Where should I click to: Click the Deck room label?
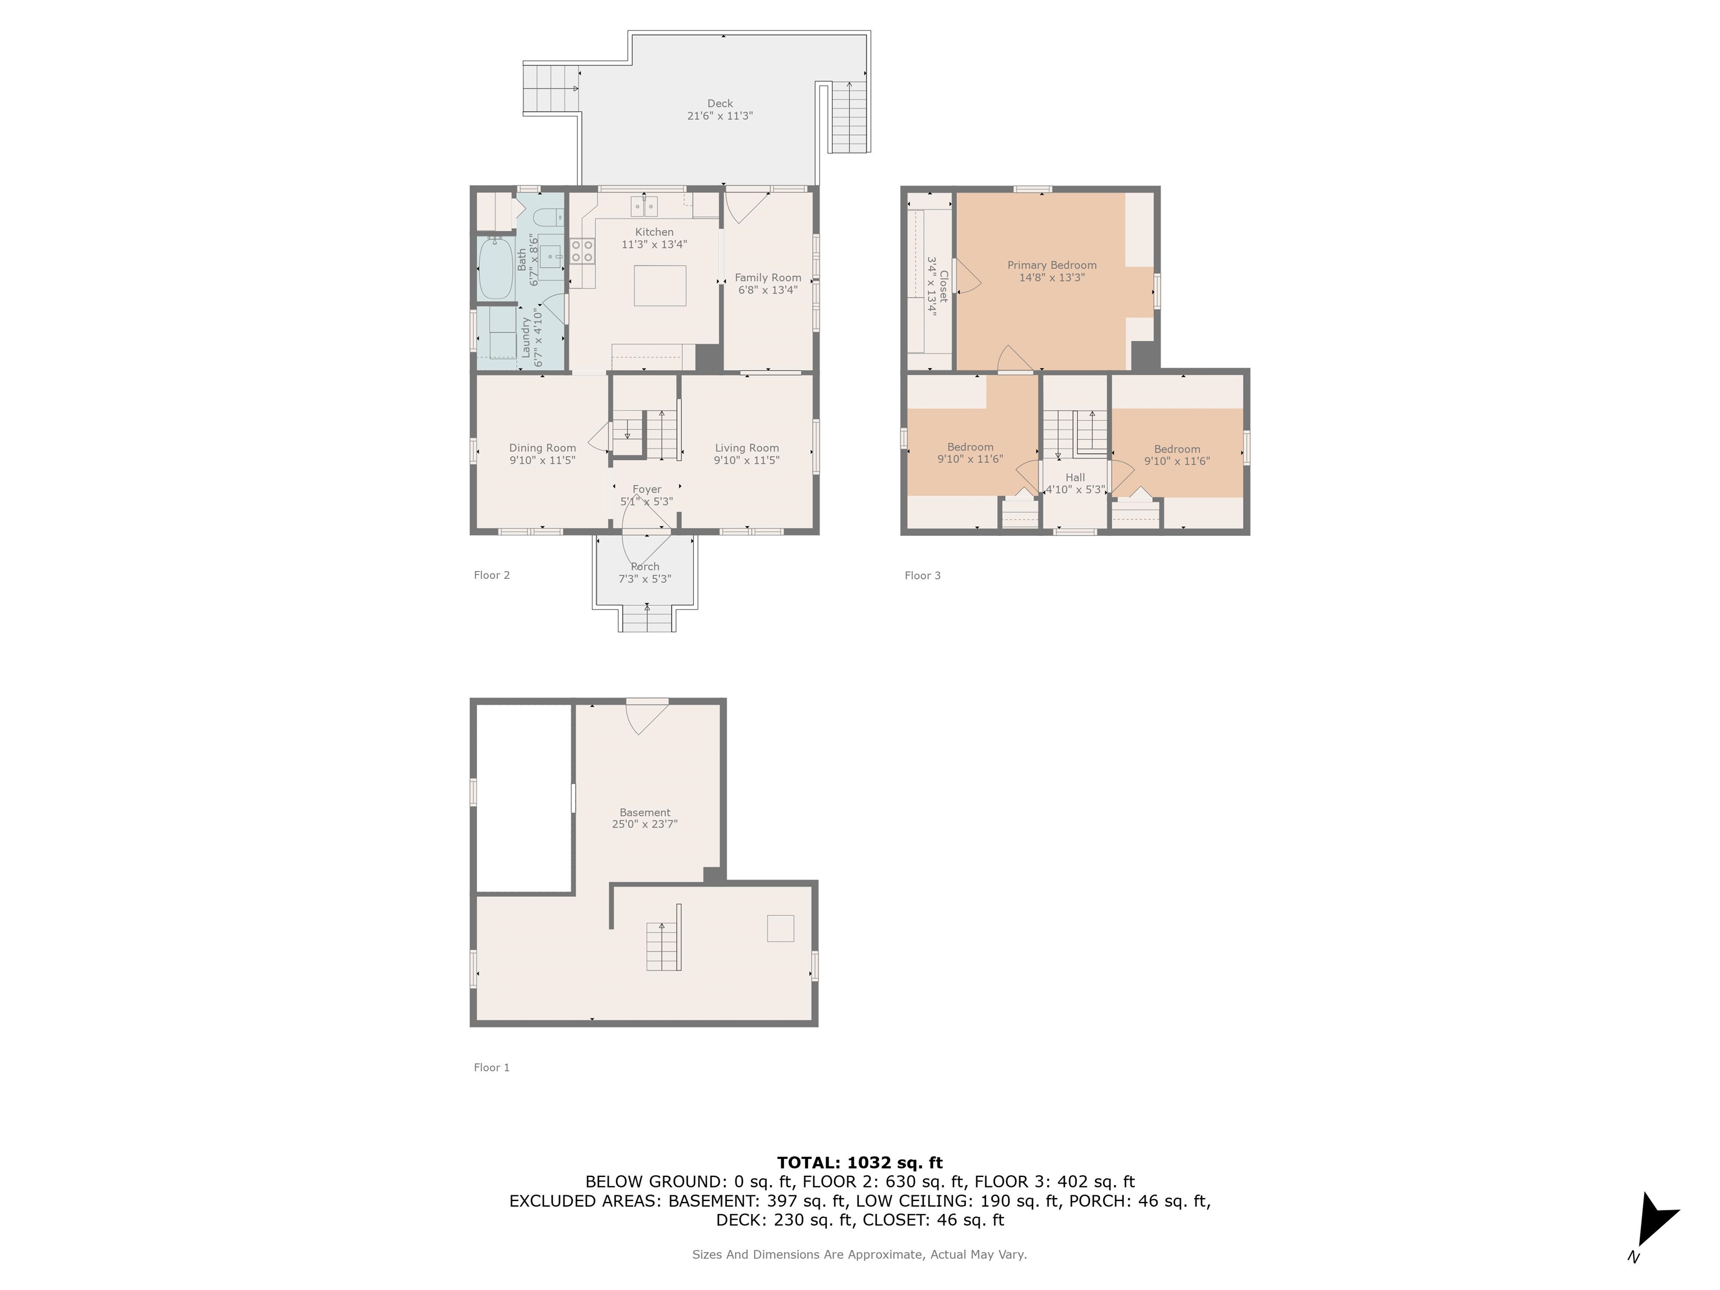[x=720, y=104]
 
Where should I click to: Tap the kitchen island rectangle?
[x=660, y=286]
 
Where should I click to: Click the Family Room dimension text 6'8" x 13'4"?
[x=768, y=290]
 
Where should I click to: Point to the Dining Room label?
[x=542, y=448]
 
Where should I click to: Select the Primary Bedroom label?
[x=1052, y=265]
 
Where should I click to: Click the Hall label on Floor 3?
[x=1076, y=478]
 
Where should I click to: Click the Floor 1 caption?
[x=492, y=1068]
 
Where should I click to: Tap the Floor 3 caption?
[x=922, y=576]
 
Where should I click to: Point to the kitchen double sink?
[x=644, y=206]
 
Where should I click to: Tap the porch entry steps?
[x=646, y=619]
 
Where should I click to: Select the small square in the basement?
[x=780, y=928]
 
